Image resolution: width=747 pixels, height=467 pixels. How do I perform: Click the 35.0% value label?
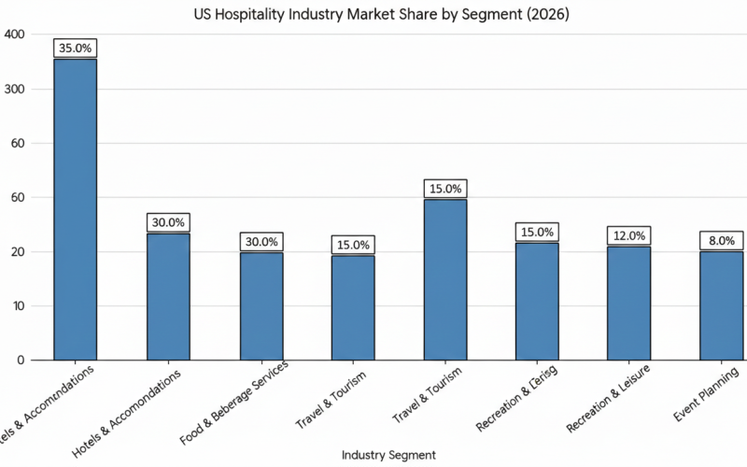(x=75, y=48)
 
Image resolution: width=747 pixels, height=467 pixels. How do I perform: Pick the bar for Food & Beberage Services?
(x=261, y=305)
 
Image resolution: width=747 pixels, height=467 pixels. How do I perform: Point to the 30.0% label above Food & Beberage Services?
(x=261, y=240)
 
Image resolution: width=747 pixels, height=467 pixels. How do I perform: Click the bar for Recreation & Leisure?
(x=629, y=303)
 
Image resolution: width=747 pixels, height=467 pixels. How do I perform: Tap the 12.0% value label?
(x=629, y=235)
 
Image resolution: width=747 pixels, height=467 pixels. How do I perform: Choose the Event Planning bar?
(x=722, y=305)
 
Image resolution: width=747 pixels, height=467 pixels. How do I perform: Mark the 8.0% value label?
(x=722, y=240)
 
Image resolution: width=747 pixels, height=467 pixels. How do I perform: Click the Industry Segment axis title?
(x=389, y=454)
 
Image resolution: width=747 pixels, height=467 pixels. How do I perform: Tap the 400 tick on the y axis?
(x=16, y=35)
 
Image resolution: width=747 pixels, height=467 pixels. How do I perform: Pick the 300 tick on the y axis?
(x=16, y=89)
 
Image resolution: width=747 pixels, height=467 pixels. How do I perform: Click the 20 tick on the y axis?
(x=19, y=252)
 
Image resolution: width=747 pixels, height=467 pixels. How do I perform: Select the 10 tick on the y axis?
(x=19, y=306)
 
